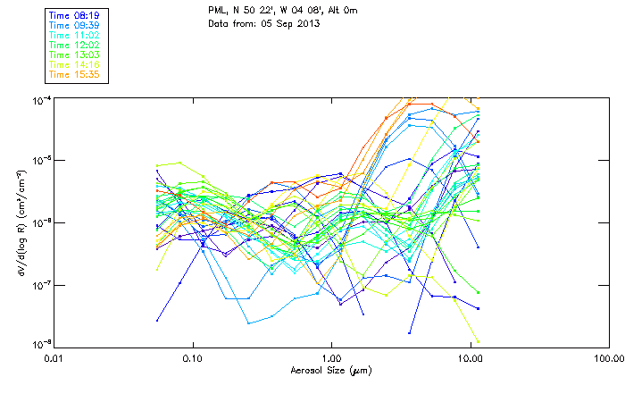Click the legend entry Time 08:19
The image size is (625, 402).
click(75, 16)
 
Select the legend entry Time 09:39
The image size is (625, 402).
click(75, 25)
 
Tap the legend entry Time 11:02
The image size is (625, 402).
click(75, 34)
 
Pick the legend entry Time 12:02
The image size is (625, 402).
click(75, 44)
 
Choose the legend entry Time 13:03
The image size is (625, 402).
click(75, 54)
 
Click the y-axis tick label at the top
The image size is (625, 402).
click(42, 99)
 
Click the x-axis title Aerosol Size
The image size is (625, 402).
click(330, 370)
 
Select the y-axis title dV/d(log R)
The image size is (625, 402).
click(21, 222)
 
